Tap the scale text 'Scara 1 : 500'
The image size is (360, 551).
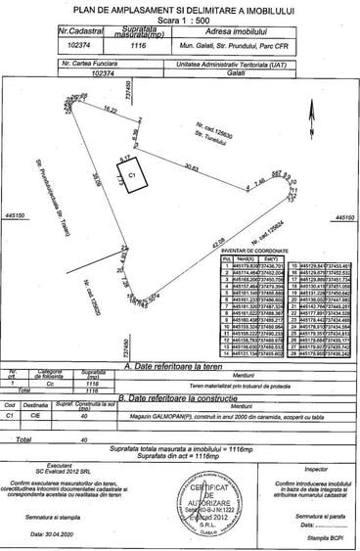pyautogui.click(x=180, y=19)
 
